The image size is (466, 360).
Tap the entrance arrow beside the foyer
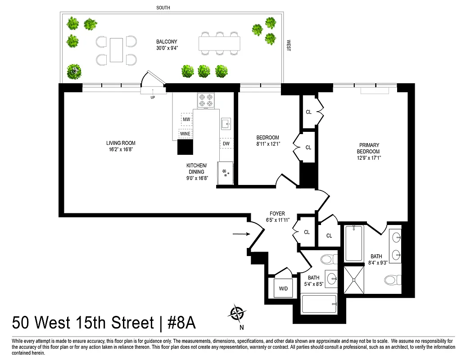242,234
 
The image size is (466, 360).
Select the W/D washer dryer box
283,288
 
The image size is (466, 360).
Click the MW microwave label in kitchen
186,120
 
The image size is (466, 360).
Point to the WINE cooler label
185,134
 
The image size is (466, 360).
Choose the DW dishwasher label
226,144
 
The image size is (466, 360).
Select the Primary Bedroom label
369,148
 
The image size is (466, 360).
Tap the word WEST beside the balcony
288,46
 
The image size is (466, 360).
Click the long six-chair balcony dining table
219,43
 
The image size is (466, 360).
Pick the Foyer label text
277,214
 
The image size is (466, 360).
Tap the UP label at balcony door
153,97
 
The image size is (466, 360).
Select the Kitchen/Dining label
197,168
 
